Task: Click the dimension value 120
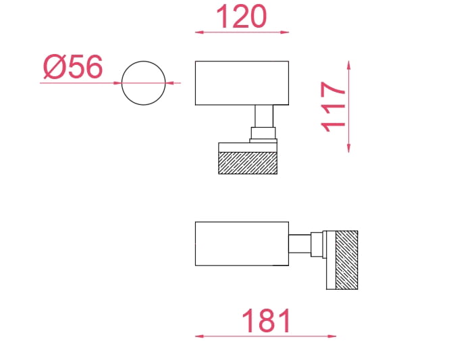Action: pyautogui.click(x=242, y=17)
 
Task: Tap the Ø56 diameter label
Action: pyautogui.click(x=73, y=66)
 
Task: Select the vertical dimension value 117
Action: pyautogui.click(x=333, y=107)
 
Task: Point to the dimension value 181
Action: pyautogui.click(x=266, y=320)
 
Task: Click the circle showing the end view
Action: pyautogui.click(x=122, y=83)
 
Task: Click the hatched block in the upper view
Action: pyautogui.click(x=248, y=163)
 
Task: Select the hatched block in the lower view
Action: pyautogui.click(x=347, y=260)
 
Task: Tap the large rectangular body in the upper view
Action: pyautogui.click(x=242, y=83)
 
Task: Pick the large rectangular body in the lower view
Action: pyautogui.click(x=242, y=244)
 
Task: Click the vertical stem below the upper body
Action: pyautogui.click(x=264, y=116)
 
